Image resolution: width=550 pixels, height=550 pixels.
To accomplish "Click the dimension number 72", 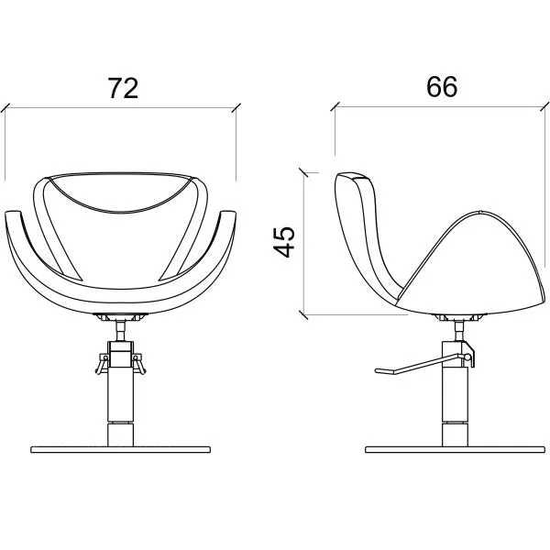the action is coord(123,88).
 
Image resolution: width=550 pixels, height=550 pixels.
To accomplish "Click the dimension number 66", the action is coord(442,86).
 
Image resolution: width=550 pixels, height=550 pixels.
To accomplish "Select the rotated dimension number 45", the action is coord(284,242).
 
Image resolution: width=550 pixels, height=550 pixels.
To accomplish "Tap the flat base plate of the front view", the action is coord(120,449).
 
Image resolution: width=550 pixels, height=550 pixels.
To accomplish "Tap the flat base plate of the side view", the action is coord(455,449).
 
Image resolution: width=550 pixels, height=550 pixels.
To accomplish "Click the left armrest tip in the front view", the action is coord(13,213).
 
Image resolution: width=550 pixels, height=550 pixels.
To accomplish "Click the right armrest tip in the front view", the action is coord(228,213).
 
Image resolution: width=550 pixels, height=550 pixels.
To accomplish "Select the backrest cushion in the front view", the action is coord(120,192).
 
